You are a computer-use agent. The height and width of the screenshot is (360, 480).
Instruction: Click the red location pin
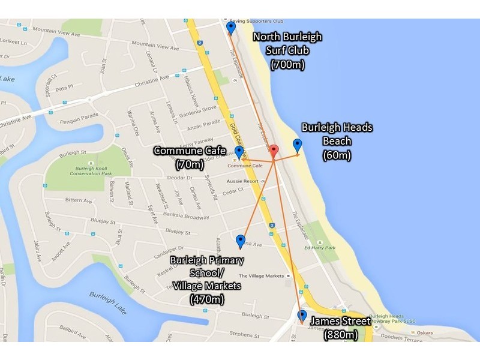(273, 152)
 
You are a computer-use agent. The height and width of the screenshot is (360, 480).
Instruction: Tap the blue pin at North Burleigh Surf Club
(231, 28)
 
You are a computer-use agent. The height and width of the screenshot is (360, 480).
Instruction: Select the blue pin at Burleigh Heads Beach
(297, 145)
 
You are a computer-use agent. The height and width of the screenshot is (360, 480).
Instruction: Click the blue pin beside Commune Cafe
(239, 152)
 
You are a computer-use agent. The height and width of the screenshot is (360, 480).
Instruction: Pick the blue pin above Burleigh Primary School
(241, 241)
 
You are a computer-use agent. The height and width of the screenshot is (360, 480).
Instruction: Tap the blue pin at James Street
(302, 316)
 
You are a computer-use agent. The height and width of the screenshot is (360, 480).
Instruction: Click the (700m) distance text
(287, 64)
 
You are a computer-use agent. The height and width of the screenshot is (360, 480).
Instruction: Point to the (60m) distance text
(337, 155)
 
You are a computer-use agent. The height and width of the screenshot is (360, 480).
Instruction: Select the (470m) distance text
(207, 298)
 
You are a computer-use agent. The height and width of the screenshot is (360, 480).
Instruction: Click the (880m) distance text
(341, 335)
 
